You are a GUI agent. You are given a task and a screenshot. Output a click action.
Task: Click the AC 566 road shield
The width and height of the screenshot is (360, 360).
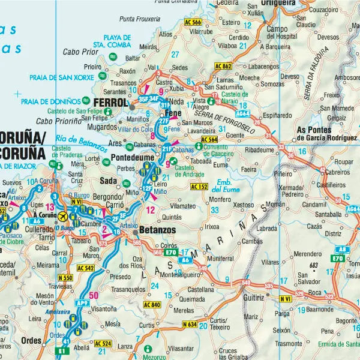coord(193,22)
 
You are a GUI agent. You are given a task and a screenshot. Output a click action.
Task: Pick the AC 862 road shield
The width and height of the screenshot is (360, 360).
coord(223,65)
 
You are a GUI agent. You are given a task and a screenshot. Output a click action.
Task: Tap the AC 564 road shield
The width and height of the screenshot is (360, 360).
coord(209,140)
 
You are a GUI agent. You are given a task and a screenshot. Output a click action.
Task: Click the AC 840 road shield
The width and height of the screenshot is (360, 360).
coord(152,305)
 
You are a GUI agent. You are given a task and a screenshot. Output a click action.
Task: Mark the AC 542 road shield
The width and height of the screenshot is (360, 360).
coord(86,268)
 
